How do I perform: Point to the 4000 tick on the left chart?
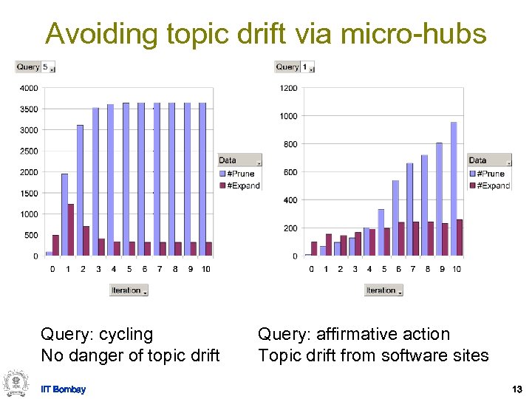pyautogui.click(x=29, y=88)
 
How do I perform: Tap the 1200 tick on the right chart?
pyautogui.click(x=288, y=88)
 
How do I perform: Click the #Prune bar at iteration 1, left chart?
pyautogui.click(x=64, y=215)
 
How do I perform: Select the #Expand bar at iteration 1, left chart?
pyautogui.click(x=71, y=230)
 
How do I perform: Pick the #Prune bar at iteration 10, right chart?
pyautogui.click(x=454, y=188)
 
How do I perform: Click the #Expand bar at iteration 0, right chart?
pyautogui.click(x=314, y=248)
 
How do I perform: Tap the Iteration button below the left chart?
pyautogui.click(x=129, y=290)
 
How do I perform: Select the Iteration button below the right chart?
pyautogui.click(x=383, y=290)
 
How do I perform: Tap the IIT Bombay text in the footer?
pyautogui.click(x=63, y=389)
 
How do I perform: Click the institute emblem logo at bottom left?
pyautogui.click(x=15, y=382)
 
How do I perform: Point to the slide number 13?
pyautogui.click(x=516, y=389)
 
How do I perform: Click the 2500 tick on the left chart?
pyautogui.click(x=29, y=151)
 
